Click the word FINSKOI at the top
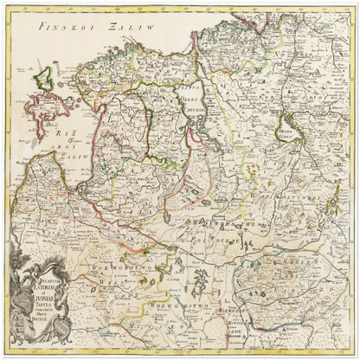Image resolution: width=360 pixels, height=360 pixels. pyautogui.click(x=61, y=27)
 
